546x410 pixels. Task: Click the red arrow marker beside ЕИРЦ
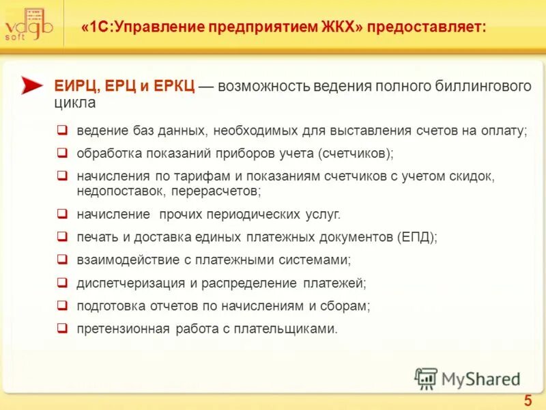coord(32,85)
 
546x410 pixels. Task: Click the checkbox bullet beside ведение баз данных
coord(62,129)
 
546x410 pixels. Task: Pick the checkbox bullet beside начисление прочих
coord(62,214)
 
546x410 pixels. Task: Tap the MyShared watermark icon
coord(427,378)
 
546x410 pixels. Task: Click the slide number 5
coord(528,400)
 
